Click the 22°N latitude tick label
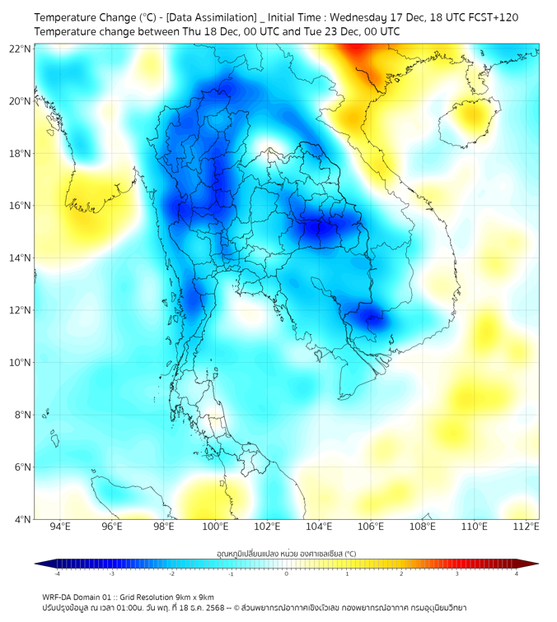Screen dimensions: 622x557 [21, 49]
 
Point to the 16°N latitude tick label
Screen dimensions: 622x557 [21, 206]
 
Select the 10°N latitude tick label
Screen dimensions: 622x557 [21, 362]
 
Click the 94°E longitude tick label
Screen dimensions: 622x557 [60, 527]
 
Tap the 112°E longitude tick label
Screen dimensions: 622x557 [527, 527]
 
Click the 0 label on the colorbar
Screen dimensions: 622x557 [287, 573]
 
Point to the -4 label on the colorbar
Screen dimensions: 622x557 [56, 573]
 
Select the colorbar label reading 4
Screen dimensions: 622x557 [517, 573]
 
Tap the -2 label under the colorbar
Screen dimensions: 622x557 [171, 573]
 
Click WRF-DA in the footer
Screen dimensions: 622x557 [60, 596]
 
